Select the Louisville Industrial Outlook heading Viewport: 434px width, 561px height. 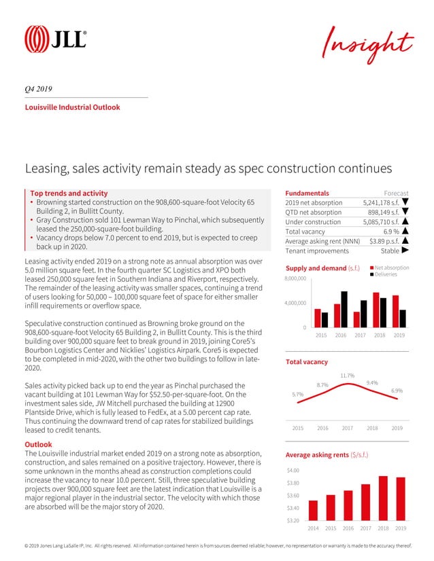click(72, 107)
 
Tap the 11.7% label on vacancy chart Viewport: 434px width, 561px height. click(348, 375)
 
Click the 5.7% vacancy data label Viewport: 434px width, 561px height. click(297, 394)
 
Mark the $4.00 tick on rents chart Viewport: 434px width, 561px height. click(293, 470)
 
